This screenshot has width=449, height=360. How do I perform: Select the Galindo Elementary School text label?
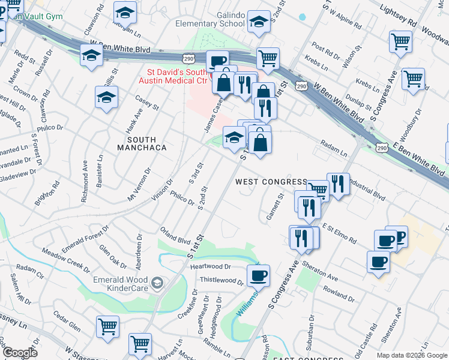pos(210,19)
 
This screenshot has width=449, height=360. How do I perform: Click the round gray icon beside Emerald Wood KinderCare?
pos(157,282)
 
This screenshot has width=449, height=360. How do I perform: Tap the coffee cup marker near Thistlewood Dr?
pos(258,275)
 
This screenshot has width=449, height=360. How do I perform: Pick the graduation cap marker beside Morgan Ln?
pos(125,13)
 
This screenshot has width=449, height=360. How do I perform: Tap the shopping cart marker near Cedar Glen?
pos(108,327)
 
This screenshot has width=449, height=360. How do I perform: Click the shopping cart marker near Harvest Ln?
pos(140,344)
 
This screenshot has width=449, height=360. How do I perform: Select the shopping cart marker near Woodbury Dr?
pos(413,79)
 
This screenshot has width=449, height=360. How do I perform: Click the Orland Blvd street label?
pos(175,235)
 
